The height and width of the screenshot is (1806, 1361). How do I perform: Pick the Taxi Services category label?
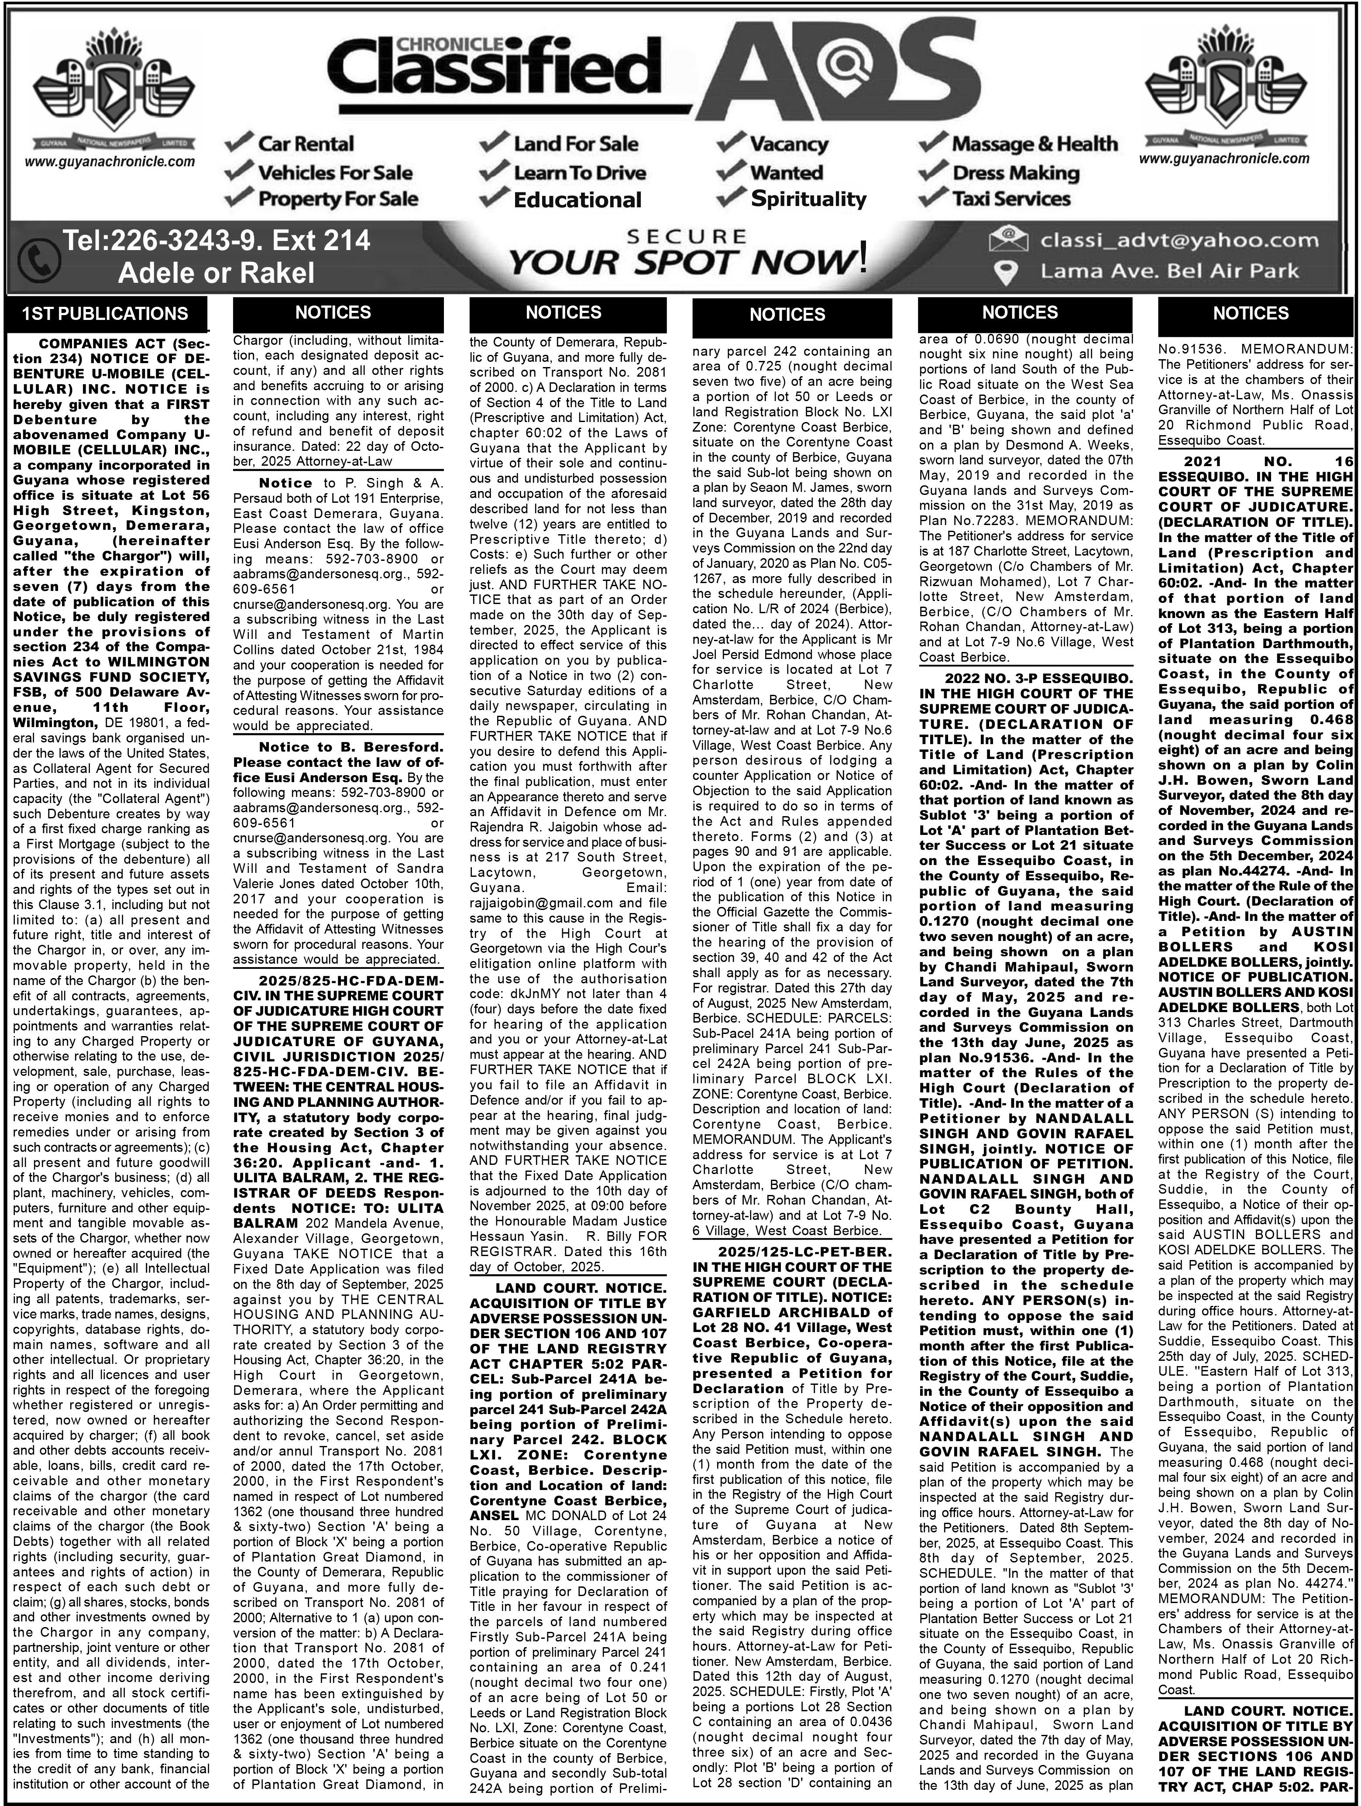[x=1011, y=199]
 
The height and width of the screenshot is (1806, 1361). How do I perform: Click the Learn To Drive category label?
[x=579, y=172]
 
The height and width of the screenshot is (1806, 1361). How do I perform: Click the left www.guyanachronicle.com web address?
[x=110, y=161]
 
